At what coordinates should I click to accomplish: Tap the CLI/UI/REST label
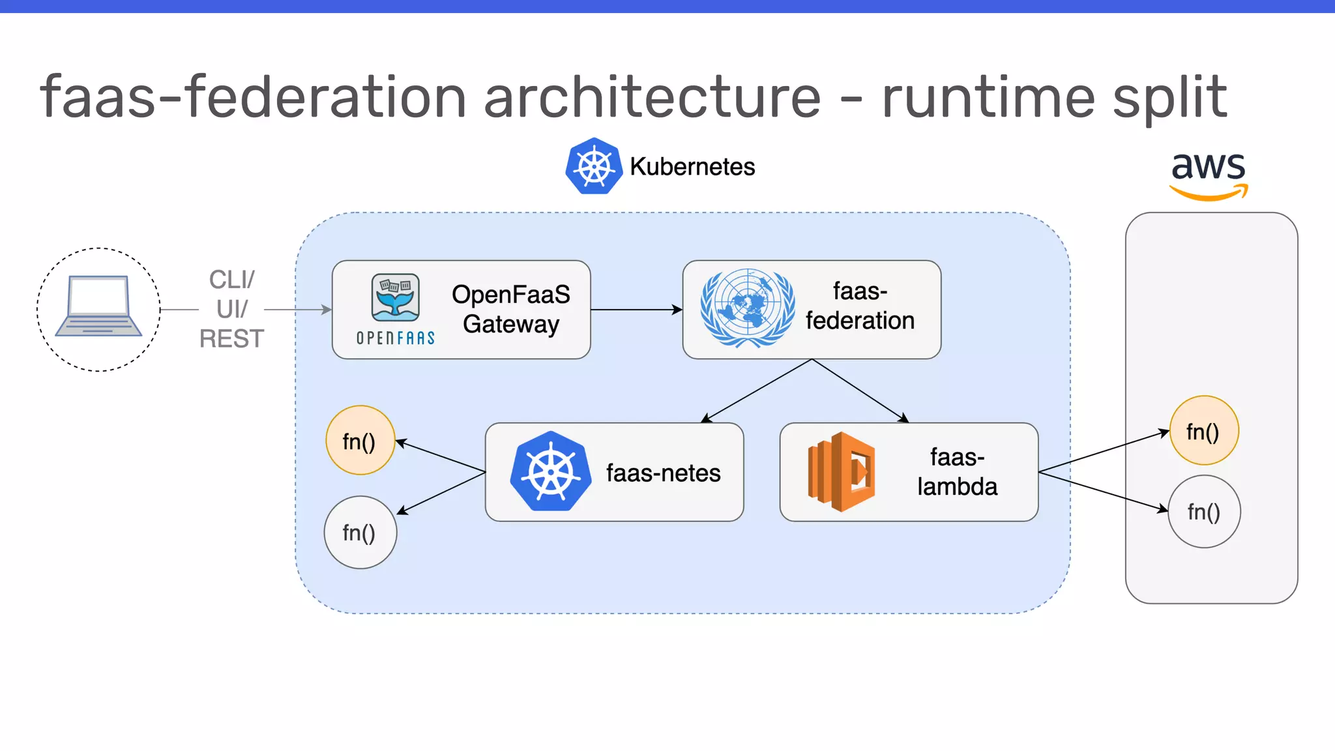point(231,309)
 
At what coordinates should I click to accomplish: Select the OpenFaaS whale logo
point(396,298)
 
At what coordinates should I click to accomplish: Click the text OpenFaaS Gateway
point(510,309)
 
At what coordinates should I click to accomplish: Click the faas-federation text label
point(860,306)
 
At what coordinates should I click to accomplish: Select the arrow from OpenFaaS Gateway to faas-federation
point(636,310)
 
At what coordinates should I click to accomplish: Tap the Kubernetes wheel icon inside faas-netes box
point(551,471)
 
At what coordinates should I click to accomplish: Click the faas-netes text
point(663,473)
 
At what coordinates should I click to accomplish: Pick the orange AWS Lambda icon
point(841,471)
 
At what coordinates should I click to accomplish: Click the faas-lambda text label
point(957,471)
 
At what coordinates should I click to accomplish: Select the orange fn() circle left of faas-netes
point(360,441)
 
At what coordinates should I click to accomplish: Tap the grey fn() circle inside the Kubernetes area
point(360,533)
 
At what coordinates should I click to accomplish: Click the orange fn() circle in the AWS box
point(1203,431)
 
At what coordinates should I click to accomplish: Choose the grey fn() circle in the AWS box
point(1203,512)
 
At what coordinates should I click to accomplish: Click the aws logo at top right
point(1208,173)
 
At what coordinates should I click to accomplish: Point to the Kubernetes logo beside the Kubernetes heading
point(593,166)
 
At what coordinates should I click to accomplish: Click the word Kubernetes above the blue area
point(692,167)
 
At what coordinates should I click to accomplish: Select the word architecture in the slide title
point(652,97)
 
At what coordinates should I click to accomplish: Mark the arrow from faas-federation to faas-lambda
point(860,390)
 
